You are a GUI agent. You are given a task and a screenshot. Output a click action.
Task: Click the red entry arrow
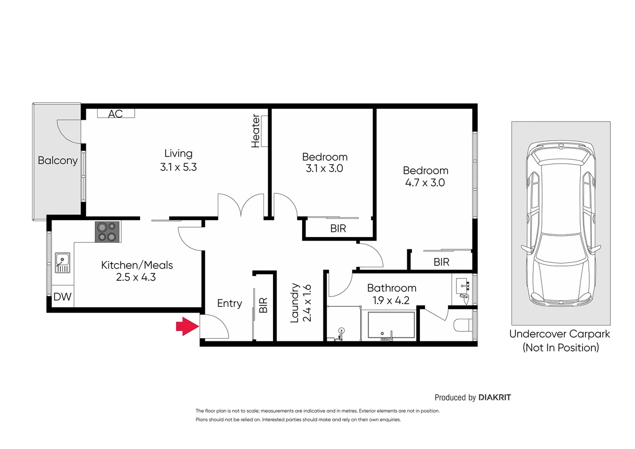point(187,326)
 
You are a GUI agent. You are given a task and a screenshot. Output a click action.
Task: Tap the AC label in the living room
point(116,113)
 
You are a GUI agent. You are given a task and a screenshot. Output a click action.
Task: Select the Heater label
point(256,131)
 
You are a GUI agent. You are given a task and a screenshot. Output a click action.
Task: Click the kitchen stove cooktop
point(107,232)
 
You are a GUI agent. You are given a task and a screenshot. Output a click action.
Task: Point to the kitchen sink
point(62,263)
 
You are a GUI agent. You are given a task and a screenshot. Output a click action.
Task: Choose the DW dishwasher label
point(62,297)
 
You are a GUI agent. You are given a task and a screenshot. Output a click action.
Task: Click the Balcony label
point(57,160)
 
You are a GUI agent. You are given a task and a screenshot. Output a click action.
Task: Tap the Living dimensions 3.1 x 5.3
point(178,167)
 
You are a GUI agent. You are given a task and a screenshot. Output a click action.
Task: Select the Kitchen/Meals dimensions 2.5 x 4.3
point(136,277)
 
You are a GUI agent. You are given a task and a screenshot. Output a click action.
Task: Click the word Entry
point(229,303)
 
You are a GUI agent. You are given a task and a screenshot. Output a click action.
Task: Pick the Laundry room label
point(295,303)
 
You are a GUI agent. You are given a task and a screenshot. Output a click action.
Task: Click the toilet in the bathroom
point(463,325)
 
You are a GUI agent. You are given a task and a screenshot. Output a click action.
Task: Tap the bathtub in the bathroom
point(391,325)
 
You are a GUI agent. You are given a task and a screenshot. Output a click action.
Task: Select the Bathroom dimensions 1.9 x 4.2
point(391,300)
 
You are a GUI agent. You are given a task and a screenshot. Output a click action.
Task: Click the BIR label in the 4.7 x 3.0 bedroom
point(441,262)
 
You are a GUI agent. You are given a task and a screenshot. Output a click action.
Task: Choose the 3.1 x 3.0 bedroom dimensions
point(324,168)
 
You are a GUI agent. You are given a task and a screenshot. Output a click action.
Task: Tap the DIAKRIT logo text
point(495,397)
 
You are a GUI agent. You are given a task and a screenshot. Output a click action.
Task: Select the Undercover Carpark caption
point(560,334)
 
